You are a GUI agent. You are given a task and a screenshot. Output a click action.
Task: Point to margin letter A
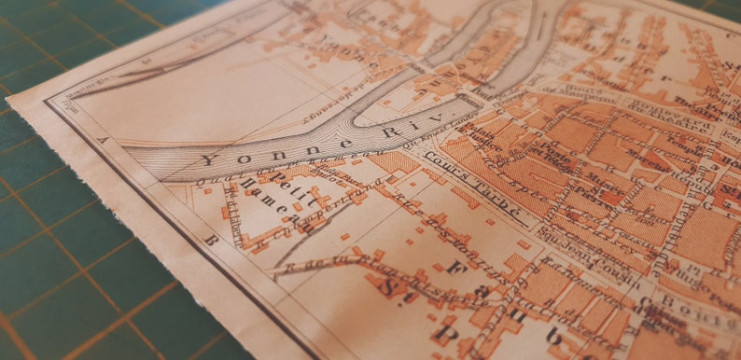(x=104, y=141)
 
